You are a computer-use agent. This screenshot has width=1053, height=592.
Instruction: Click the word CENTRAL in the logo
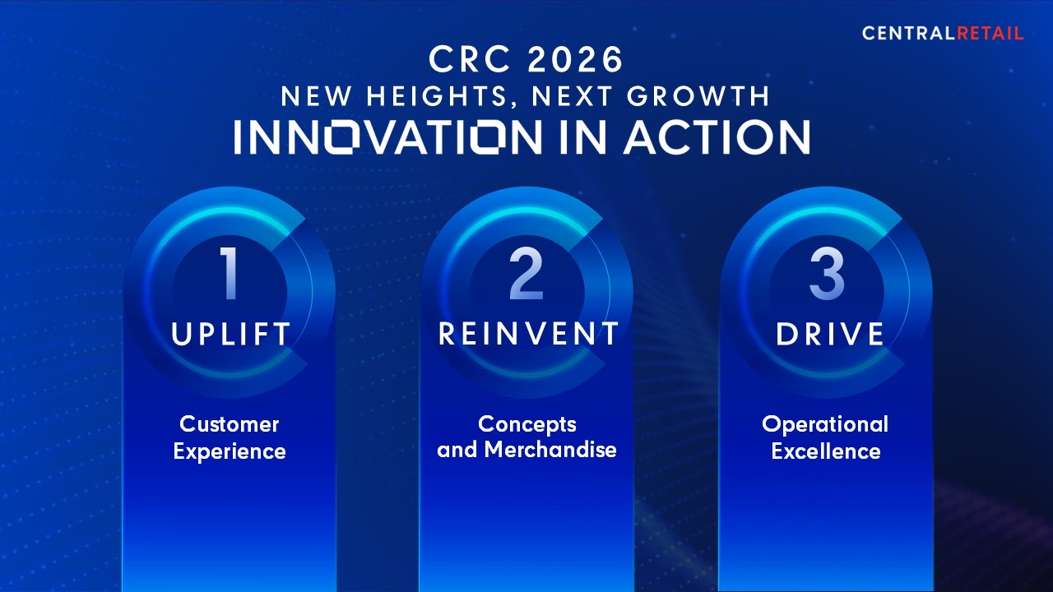(x=909, y=34)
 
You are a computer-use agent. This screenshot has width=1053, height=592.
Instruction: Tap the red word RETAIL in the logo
(x=990, y=34)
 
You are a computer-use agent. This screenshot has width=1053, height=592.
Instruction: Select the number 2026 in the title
(x=575, y=60)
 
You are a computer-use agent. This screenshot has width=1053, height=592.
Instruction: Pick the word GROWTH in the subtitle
(x=698, y=96)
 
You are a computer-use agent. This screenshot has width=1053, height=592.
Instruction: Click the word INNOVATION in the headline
(x=387, y=137)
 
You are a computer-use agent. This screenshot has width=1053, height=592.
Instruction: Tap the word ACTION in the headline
(x=717, y=137)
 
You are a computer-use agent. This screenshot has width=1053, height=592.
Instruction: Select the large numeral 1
(x=230, y=273)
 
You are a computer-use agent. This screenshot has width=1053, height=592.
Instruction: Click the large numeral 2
(x=526, y=273)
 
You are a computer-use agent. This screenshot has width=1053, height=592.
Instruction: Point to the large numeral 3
(x=827, y=273)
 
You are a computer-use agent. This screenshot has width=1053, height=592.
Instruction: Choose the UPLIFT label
(x=231, y=334)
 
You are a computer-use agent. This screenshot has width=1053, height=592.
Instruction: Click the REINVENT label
(x=528, y=334)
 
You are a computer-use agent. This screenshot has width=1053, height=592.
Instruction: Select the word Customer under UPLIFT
(x=229, y=424)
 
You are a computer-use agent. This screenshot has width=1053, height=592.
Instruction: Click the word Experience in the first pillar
(x=230, y=452)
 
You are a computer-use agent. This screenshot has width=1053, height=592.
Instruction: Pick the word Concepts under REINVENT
(x=527, y=425)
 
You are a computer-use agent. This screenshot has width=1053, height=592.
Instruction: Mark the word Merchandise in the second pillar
(x=550, y=450)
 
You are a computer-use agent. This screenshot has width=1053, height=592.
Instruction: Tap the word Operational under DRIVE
(x=825, y=425)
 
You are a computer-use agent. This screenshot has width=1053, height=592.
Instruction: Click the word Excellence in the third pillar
(x=826, y=451)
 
